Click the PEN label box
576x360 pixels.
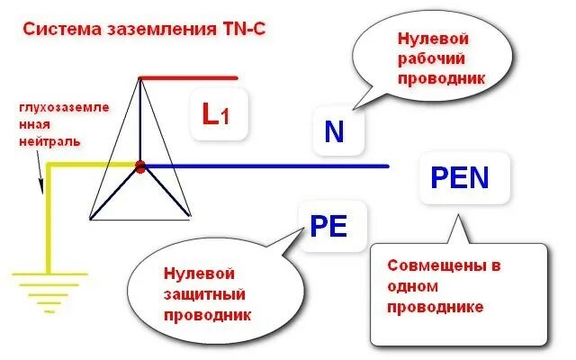pyautogui.click(x=460, y=177)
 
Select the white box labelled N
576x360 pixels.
pyautogui.click(x=334, y=132)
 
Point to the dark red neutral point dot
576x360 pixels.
pyautogui.click(x=140, y=166)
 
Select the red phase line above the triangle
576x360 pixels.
pyautogui.click(x=189, y=78)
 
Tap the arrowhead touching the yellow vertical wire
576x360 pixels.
pyautogui.click(x=40, y=188)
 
